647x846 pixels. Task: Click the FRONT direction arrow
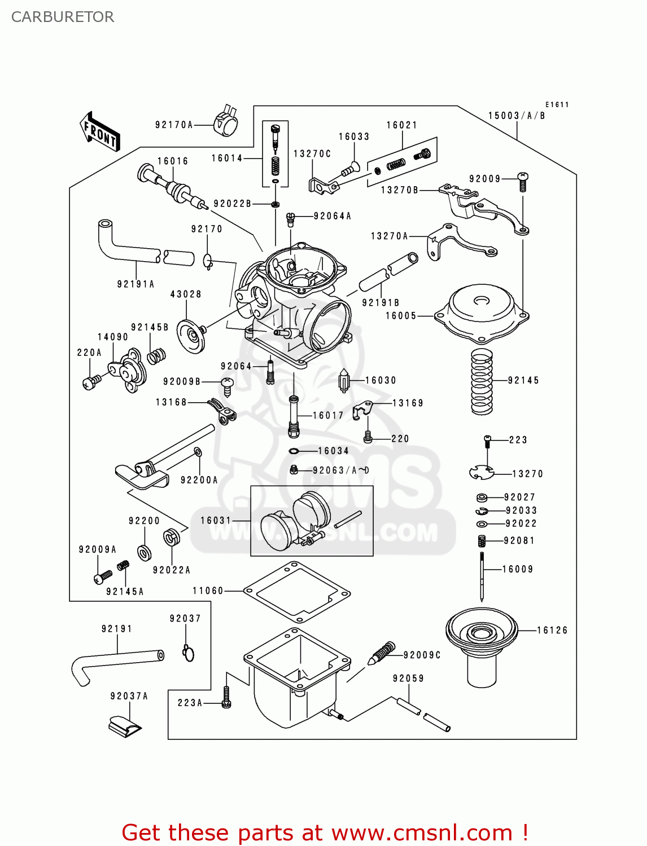(100, 132)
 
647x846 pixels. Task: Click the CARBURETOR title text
(63, 17)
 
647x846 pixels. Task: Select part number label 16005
(401, 316)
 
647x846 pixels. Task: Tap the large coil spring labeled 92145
(482, 382)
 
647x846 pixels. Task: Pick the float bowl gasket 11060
(296, 591)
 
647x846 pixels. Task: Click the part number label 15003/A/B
(517, 116)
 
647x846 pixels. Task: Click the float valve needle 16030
(344, 381)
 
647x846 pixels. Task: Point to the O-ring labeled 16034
(294, 451)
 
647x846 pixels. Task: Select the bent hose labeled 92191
(116, 663)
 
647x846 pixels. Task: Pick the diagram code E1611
(557, 104)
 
